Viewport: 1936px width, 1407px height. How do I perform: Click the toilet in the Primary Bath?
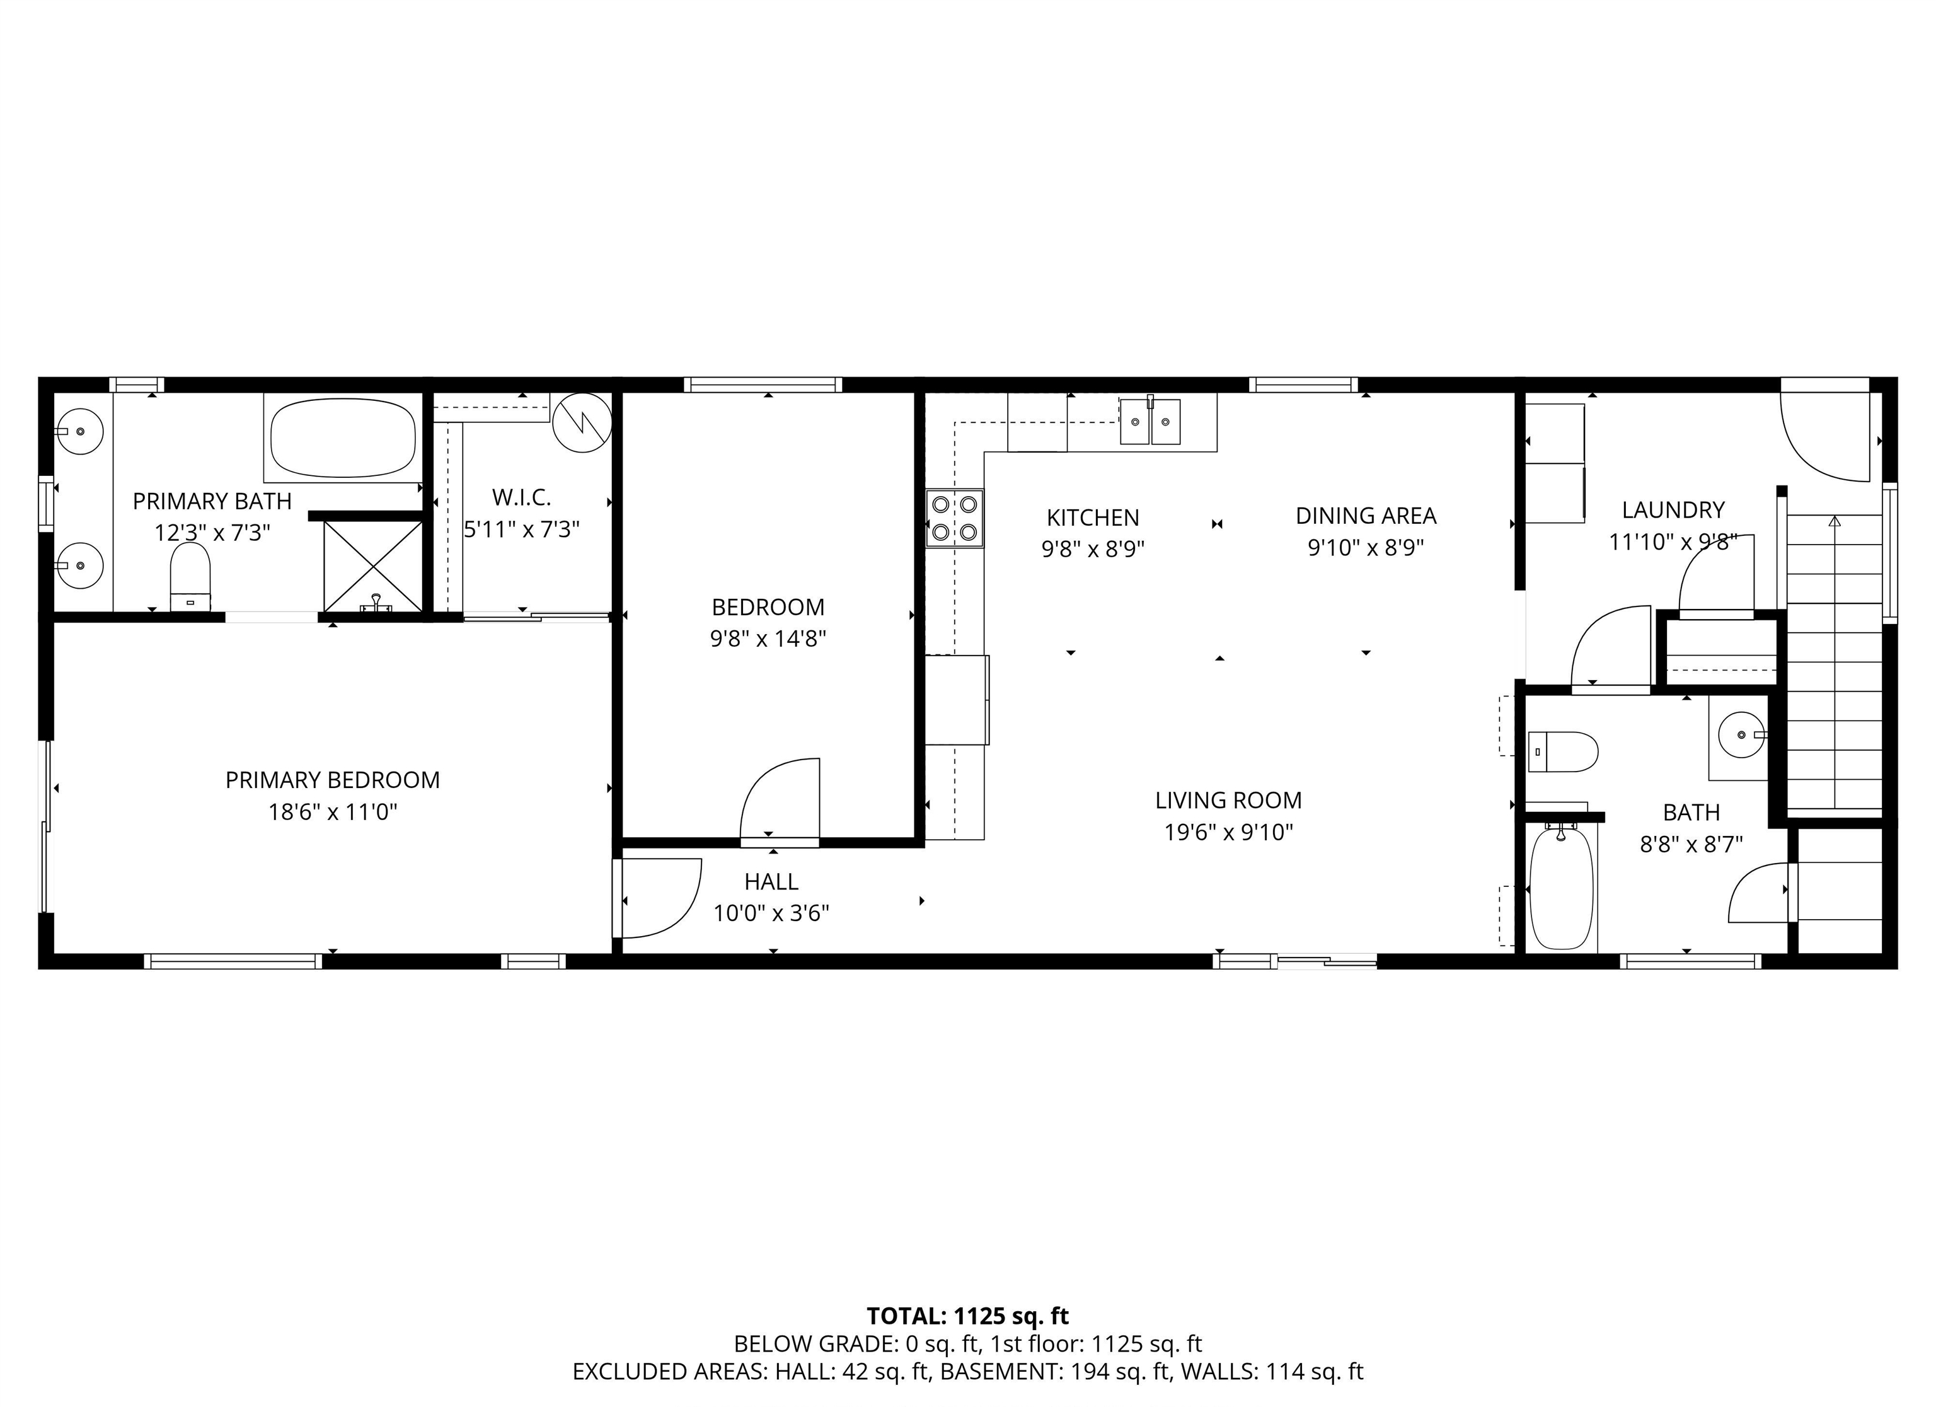click(190, 574)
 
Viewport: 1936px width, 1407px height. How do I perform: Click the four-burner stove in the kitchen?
click(954, 518)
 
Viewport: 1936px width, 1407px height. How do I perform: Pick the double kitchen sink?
click(1150, 422)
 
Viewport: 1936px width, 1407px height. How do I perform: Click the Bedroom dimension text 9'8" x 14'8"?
click(768, 639)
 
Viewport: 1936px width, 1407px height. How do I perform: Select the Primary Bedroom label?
click(332, 780)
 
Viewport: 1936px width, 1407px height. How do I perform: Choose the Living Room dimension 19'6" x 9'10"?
click(1228, 831)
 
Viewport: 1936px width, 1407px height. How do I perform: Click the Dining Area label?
click(1366, 516)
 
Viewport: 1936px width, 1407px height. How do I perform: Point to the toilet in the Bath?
click(1562, 752)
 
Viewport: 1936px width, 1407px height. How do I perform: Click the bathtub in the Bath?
click(1560, 888)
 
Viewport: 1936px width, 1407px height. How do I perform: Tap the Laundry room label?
click(1673, 510)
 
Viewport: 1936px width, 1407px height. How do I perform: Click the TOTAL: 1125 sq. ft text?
click(967, 1316)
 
